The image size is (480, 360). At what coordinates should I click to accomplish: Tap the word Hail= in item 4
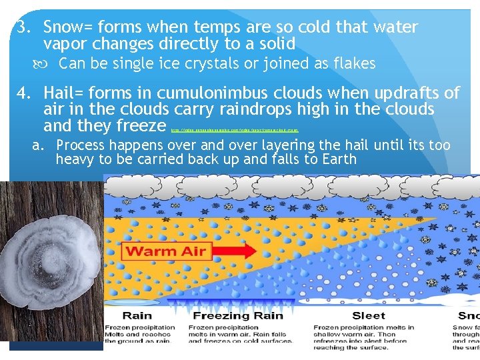tap(67, 93)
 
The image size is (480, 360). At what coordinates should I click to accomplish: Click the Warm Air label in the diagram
tap(167, 251)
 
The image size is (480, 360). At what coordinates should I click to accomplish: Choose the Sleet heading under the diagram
tap(369, 315)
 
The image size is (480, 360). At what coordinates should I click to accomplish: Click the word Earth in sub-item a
tap(337, 159)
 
